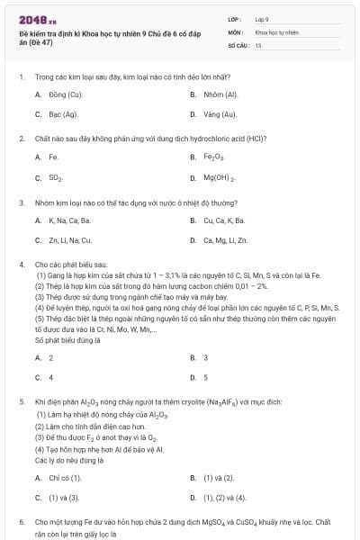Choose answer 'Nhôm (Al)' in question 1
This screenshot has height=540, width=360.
tap(220, 94)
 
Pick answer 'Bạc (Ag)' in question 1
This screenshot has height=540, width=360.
tap(63, 114)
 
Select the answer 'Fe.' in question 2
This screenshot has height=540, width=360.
tap(54, 157)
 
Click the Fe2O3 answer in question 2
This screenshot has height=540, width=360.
tap(214, 157)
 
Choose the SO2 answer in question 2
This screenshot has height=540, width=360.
tap(56, 177)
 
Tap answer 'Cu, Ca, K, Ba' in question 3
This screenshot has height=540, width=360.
tap(224, 220)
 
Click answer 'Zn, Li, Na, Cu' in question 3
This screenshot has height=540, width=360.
tap(70, 240)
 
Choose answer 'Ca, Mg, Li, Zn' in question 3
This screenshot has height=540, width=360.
tap(225, 240)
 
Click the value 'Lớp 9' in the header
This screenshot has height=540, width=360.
tap(262, 19)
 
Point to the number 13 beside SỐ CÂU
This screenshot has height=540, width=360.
tap(258, 44)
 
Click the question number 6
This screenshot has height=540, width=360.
tap(21, 521)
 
